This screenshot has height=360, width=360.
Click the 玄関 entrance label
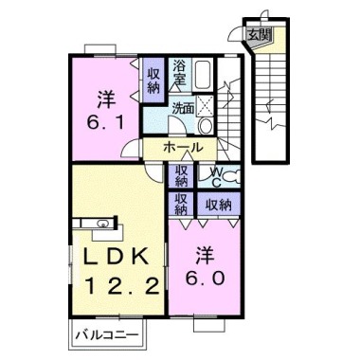pos(259,34)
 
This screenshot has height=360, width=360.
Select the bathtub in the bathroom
pos(204,75)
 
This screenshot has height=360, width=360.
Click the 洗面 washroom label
pos(183,109)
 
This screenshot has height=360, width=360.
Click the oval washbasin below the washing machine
pos(207,125)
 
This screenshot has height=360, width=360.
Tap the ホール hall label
pos(182,147)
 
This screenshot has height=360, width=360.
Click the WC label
pos(216,177)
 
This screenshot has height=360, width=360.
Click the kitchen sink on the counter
pos(102,224)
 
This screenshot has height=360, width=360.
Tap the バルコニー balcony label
pos(107,334)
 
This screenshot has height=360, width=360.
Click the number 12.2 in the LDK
pos(123,287)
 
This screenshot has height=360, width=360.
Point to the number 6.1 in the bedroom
pos(105,123)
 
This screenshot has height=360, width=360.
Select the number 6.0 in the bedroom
pos(205,279)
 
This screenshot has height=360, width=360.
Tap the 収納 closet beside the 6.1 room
pos(153,81)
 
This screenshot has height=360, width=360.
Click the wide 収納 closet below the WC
pos(219,206)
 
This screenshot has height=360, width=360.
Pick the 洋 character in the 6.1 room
pos(106,99)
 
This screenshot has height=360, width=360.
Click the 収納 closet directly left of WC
pos(182,175)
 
